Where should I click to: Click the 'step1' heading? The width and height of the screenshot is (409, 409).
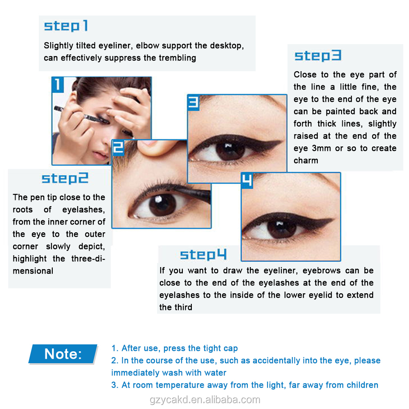[66, 26]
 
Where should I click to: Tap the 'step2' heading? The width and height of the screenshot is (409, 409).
[65, 178]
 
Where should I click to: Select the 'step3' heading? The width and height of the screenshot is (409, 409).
[317, 56]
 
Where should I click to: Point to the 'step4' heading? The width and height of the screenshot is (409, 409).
[203, 255]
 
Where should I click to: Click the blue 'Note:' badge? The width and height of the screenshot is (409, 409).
[63, 354]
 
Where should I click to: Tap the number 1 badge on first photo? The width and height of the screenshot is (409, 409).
[58, 85]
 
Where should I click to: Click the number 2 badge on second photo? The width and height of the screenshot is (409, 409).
[118, 147]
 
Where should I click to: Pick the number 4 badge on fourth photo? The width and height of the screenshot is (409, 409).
[247, 180]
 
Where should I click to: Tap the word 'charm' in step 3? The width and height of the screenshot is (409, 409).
[306, 160]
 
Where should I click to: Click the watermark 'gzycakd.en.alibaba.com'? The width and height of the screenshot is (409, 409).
[204, 400]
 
